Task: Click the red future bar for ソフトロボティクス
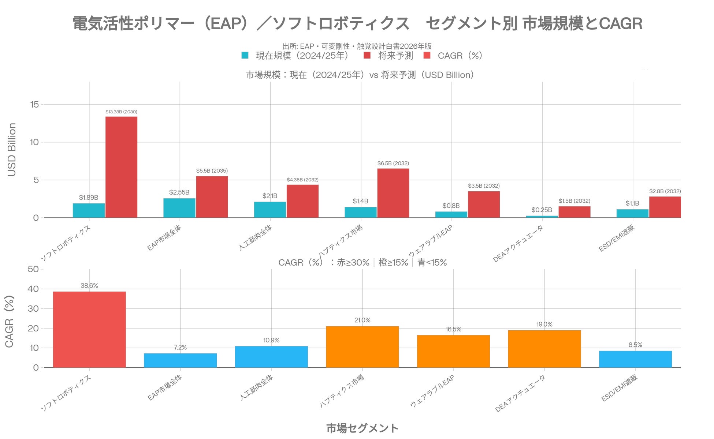[121, 167]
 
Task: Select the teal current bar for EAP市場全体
[179, 208]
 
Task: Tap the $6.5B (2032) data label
[393, 163]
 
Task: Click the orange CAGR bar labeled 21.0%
[362, 346]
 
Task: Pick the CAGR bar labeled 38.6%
[89, 329]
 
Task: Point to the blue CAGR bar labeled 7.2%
[180, 360]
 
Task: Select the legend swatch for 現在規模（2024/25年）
[245, 56]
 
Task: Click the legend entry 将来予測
[395, 56]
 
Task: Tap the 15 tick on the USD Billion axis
[34, 105]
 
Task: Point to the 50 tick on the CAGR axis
[33, 269]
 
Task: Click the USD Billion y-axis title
[12, 150]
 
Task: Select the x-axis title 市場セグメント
[362, 428]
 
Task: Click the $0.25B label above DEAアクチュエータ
[542, 210]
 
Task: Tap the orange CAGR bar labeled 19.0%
[544, 349]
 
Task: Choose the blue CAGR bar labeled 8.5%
[635, 359]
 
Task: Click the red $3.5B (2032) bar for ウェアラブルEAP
[484, 204]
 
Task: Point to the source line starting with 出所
[357, 46]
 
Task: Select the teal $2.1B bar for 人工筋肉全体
[270, 210]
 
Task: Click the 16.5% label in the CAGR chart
[453, 329]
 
